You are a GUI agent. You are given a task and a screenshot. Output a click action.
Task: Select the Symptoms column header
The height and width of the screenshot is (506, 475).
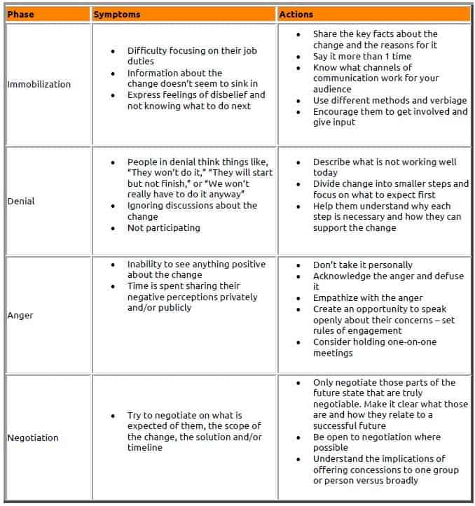point(117,14)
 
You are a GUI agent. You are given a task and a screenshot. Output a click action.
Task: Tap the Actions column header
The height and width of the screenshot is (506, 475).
point(296,14)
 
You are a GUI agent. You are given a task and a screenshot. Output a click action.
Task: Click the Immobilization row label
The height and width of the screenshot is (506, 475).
point(39,85)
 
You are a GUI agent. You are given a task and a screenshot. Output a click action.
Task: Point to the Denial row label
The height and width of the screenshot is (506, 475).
point(21,202)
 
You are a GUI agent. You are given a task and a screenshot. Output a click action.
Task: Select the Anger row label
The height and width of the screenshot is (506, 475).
point(20,316)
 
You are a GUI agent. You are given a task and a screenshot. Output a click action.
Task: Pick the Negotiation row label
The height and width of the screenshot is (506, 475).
point(33,438)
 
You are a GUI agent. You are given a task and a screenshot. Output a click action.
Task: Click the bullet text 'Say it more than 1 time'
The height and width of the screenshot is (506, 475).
point(361,57)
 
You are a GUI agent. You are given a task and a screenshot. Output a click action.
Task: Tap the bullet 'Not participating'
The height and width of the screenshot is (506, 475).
point(163,228)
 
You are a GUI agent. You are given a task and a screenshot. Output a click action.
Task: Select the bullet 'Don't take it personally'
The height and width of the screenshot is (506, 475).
point(362,265)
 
